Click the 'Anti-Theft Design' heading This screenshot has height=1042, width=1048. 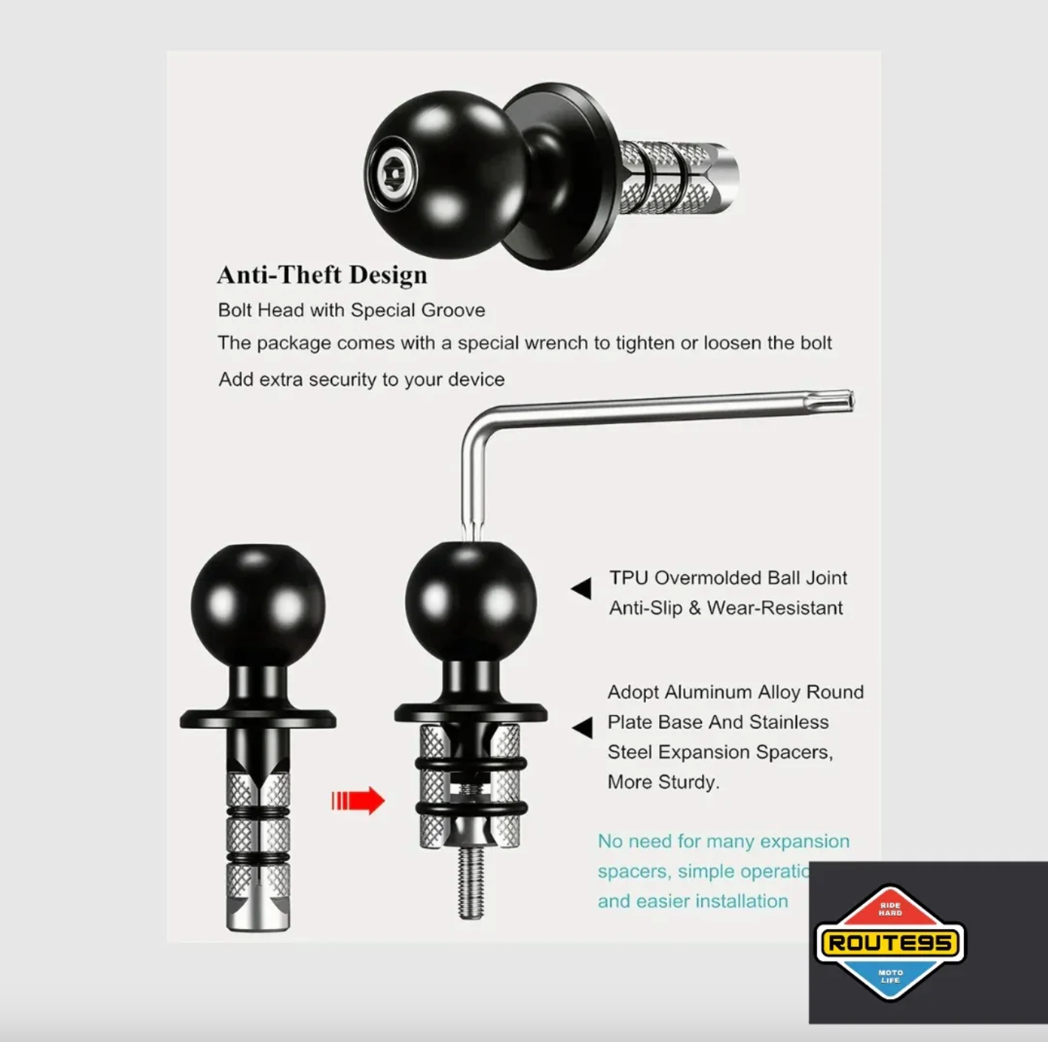[322, 275]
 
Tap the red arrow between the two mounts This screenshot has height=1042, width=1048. [359, 800]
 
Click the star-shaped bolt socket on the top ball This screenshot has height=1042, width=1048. [393, 174]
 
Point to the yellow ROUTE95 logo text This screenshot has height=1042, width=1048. [890, 942]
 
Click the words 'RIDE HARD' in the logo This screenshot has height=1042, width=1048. [890, 909]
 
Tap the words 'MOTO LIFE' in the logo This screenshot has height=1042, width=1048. [890, 976]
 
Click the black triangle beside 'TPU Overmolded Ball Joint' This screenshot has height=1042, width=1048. [582, 588]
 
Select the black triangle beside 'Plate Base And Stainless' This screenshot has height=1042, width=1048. [582, 727]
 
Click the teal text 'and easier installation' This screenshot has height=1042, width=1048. [692, 901]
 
